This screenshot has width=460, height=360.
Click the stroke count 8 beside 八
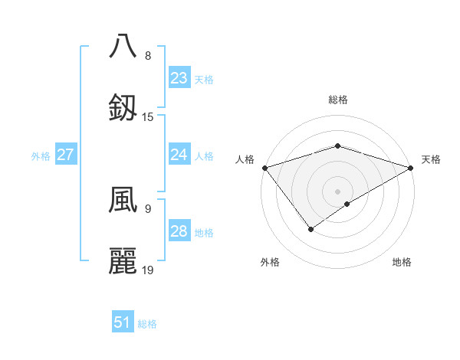point(147,56)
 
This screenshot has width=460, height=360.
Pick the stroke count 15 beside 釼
point(148,117)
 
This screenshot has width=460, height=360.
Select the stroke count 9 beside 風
point(147,208)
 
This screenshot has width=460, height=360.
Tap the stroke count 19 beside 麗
point(148,270)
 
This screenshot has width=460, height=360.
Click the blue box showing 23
point(179,78)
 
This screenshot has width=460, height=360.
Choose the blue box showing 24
point(179,155)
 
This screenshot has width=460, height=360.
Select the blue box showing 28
point(179,231)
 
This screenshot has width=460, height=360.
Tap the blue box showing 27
point(65,155)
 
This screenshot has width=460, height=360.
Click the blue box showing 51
point(123,322)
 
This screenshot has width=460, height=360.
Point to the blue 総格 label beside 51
point(147,324)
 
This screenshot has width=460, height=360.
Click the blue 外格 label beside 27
point(41,156)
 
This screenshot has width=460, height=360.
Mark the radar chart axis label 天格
point(431,159)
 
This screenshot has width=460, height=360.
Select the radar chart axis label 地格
point(402,262)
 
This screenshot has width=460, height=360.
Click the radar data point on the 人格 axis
point(264,168)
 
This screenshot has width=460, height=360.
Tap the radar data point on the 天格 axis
point(412,168)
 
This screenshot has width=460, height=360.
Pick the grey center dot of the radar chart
point(337,191)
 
